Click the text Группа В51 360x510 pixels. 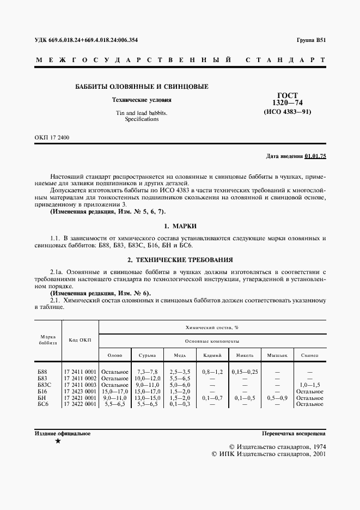coord(311,40)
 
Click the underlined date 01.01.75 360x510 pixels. coord(315,156)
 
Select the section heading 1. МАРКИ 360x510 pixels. coord(180,226)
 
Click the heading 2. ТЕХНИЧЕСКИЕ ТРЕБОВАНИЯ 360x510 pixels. coord(180,260)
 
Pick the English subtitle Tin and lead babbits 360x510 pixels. coord(141,113)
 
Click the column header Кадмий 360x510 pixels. coord(212,355)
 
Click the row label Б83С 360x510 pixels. coord(44,385)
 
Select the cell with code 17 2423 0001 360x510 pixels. coord(80,391)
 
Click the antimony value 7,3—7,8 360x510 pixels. coord(147,372)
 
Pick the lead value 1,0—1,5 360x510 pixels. coord(310,385)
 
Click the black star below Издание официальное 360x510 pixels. coord(58,441)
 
